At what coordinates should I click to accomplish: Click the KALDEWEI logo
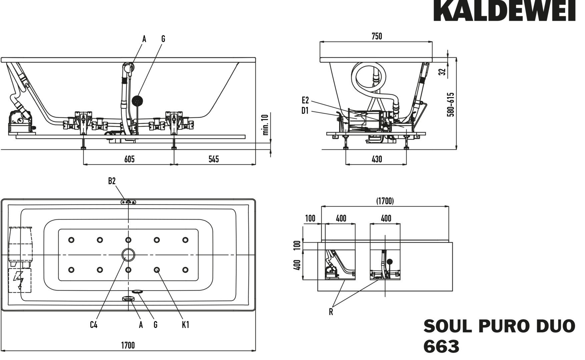tap(504, 11)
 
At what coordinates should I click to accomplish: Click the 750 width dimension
tap(377, 36)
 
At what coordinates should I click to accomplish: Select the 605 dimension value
tap(129, 159)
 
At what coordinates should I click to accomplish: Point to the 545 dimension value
tap(213, 159)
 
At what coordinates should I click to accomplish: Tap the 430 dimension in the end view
tap(377, 159)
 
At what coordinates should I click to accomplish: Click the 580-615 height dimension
tap(451, 104)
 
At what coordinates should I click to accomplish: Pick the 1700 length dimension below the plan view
tap(128, 345)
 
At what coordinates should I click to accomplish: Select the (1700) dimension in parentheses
tap(385, 201)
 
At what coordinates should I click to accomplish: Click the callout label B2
tap(112, 181)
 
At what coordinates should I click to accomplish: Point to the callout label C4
tap(94, 324)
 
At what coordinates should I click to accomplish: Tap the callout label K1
tap(185, 324)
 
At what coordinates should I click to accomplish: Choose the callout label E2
tap(305, 100)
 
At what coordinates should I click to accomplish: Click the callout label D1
tap(305, 111)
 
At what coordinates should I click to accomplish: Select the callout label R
tap(331, 312)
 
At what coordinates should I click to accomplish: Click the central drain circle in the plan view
tap(128, 255)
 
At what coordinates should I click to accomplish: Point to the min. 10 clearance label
tap(266, 125)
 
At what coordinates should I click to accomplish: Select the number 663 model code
tap(441, 347)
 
